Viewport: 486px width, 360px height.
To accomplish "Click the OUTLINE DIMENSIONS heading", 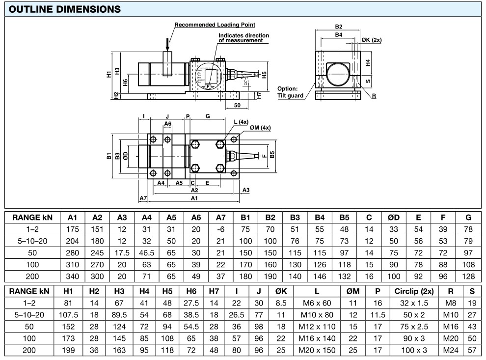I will point(65,9).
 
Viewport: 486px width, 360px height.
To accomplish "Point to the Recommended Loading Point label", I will point(215,25).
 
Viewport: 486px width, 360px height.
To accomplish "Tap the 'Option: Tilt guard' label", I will point(290,92).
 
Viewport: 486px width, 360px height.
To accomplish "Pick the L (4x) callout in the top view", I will point(242,121).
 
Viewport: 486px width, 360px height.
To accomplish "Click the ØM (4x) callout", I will point(260,128).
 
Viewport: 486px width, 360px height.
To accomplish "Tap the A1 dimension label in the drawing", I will point(194,198).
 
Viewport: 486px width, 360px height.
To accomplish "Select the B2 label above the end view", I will point(339,27).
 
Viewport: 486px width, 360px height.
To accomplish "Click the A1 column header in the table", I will point(73,218).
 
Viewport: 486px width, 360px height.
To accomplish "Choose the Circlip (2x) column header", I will point(413,291).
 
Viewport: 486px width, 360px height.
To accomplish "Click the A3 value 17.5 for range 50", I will point(122,253).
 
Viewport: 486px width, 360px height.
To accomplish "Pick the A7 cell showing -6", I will point(220,229).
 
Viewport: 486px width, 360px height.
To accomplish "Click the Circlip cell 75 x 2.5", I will point(413,327).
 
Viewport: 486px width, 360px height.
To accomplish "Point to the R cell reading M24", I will point(451,350).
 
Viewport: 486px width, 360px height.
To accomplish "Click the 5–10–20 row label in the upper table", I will point(32,241).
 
